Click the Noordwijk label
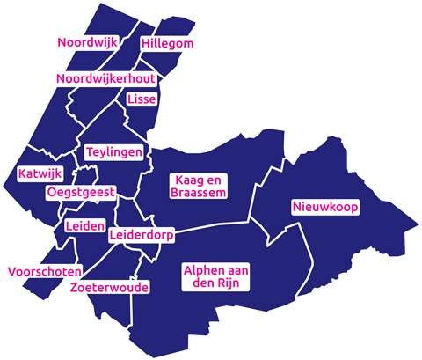[x=88, y=42]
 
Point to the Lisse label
[x=142, y=99]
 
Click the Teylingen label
[x=114, y=152]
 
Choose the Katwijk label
[x=35, y=173]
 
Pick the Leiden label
[x=84, y=225]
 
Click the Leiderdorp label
[x=142, y=236]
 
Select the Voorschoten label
[x=45, y=271]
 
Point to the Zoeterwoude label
[x=108, y=287]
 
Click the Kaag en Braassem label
[x=199, y=185]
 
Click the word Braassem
[x=199, y=192]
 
